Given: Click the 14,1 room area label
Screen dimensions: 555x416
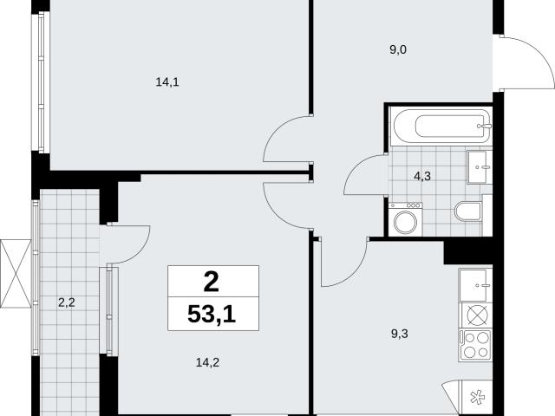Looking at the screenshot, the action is pos(167,82).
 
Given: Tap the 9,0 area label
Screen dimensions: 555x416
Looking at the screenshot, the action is pos(398,50).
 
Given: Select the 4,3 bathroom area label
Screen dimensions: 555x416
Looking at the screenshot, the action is pos(422,176).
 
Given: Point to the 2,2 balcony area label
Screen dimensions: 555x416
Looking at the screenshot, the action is pos(67,302).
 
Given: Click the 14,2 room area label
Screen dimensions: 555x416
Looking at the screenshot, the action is pos(207,362).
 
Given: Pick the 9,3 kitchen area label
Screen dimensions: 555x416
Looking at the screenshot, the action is pos(400,333).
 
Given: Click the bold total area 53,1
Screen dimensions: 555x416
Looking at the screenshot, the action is pos(212,314).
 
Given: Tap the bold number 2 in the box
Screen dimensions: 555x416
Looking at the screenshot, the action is pos(212,282).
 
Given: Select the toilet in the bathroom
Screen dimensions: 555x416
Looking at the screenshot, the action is pos(469,211).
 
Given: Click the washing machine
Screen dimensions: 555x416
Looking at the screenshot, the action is pos(406,219).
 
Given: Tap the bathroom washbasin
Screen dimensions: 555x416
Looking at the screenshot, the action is pos(480,167).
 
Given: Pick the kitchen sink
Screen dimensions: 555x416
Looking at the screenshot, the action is pos(475,285).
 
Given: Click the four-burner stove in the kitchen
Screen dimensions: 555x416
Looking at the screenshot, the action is pos(475,345).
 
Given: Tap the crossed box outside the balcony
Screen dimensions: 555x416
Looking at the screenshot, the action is pos(16,274).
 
